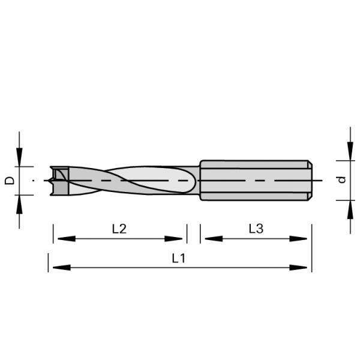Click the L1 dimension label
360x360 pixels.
pos(178,258)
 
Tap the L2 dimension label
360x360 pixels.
pos(119,229)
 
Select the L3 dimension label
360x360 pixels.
pos(256,229)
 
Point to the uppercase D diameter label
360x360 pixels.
pos(10,181)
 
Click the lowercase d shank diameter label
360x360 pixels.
pos(342,179)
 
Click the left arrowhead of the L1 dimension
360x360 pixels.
pos(62,268)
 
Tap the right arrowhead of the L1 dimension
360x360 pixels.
pos(298,268)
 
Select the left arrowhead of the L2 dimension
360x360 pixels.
pos(67,239)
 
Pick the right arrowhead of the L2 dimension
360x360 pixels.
pos(173,239)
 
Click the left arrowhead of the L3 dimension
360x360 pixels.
pos(214,239)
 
